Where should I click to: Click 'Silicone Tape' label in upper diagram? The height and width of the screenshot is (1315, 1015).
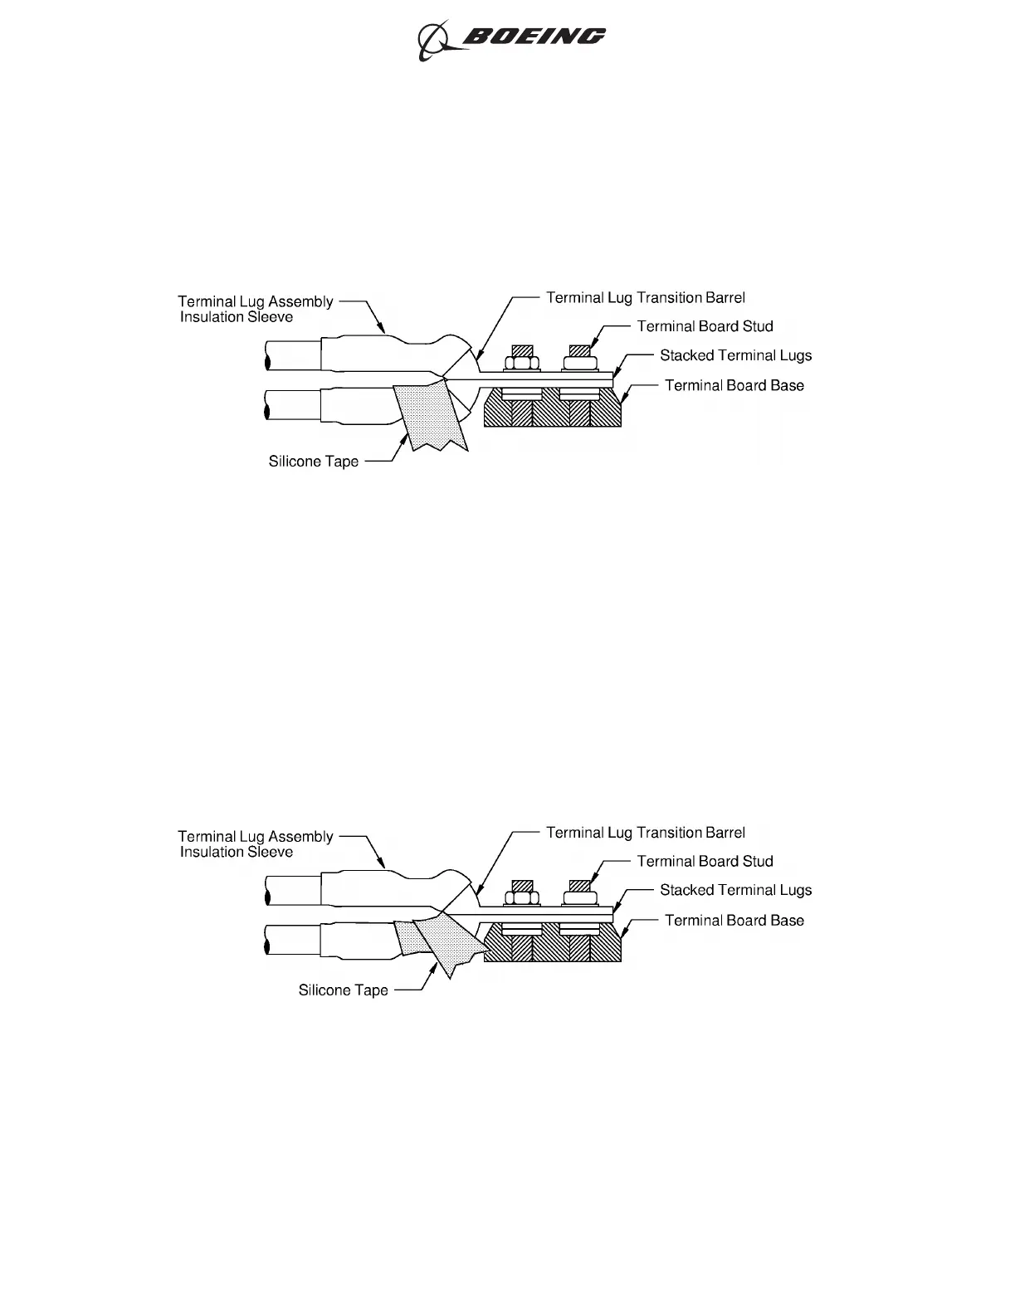[x=314, y=462]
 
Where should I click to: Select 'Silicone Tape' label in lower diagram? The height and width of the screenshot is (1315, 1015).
[x=344, y=990]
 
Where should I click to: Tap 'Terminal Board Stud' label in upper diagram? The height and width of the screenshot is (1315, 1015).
[x=705, y=326]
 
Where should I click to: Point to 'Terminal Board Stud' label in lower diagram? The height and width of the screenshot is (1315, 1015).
[x=705, y=862]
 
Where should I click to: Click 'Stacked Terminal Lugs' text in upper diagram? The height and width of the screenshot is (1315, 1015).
[x=735, y=355]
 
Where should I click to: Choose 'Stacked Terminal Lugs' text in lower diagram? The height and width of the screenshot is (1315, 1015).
[x=735, y=890]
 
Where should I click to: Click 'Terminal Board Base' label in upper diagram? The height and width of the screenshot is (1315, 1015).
[x=734, y=385]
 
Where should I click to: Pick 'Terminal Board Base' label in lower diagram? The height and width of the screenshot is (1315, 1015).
[x=734, y=920]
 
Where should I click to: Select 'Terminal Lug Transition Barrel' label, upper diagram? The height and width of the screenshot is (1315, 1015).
[x=645, y=297]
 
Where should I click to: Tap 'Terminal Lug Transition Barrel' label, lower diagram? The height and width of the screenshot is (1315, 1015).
[x=645, y=833]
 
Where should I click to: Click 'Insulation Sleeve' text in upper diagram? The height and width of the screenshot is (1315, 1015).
[x=237, y=317]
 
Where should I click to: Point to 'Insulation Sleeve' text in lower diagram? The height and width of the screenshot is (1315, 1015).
[x=237, y=853]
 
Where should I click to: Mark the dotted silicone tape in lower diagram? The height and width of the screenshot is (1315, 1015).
[x=448, y=942]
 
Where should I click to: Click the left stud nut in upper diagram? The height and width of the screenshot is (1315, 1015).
[x=522, y=363]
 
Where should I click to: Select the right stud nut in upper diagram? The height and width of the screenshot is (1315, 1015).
[x=578, y=363]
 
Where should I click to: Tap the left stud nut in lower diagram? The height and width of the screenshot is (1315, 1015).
[x=522, y=897]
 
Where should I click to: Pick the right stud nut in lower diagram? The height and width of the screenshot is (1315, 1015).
[x=578, y=897]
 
